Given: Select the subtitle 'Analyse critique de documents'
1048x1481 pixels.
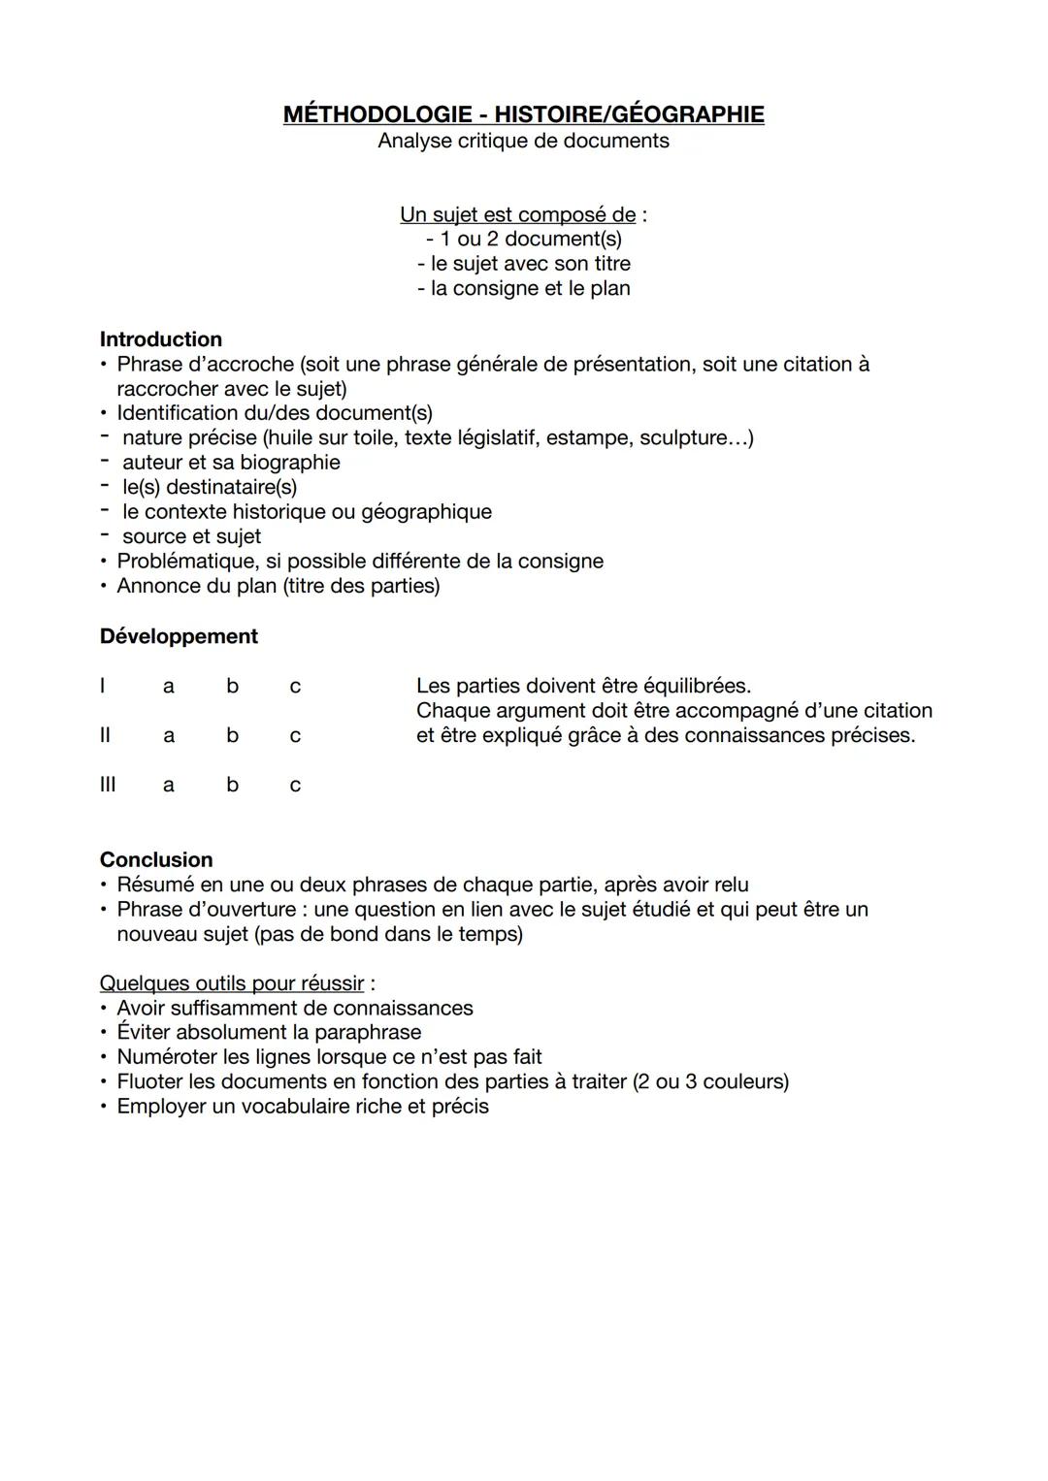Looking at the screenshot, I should point(523,141).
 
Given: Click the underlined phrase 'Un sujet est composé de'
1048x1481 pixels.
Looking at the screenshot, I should point(517,214).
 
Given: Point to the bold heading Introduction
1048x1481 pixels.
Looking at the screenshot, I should point(161,339).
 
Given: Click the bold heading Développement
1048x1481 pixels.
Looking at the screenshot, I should point(179,636).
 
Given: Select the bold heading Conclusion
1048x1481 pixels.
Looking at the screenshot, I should point(156,860).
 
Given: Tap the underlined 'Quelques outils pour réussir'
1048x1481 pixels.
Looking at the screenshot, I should point(232,983).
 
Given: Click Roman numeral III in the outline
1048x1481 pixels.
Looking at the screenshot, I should point(107,785).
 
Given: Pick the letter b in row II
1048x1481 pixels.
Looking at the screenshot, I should point(232,735).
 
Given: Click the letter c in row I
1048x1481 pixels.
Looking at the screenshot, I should point(295,687).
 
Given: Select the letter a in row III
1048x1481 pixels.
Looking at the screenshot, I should point(169,785).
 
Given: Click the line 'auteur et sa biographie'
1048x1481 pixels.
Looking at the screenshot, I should point(231,463).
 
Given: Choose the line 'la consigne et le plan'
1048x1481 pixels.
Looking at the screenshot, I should point(524,288).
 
